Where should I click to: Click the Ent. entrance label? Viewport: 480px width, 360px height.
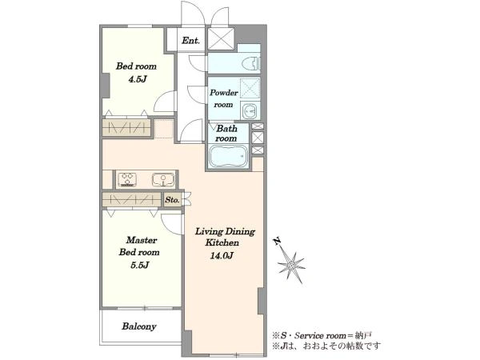(x=190, y=41)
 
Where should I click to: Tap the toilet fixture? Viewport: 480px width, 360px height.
(x=250, y=64)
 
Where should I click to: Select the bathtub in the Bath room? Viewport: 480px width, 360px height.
(x=229, y=156)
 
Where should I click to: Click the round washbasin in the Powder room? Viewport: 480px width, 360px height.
(x=250, y=111)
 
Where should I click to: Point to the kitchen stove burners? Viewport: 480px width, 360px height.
(x=128, y=180)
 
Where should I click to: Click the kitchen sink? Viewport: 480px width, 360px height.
(x=163, y=180)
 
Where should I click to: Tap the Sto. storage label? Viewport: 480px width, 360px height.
(x=172, y=200)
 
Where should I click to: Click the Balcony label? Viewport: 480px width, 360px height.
(x=139, y=326)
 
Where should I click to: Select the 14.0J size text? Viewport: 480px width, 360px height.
(x=222, y=255)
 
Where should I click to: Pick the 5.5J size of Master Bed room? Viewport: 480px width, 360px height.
(x=140, y=265)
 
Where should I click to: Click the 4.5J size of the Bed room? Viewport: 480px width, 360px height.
(x=138, y=79)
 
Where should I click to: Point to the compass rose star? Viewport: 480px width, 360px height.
(x=291, y=266)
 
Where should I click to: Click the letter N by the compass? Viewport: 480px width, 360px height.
(x=278, y=242)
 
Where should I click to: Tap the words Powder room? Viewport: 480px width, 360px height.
(x=224, y=98)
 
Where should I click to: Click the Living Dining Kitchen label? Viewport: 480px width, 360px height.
(x=224, y=237)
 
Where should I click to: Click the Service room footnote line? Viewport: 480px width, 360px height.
(x=322, y=335)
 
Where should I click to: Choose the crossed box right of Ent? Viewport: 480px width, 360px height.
(x=222, y=38)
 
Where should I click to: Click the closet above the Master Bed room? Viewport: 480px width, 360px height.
(x=132, y=199)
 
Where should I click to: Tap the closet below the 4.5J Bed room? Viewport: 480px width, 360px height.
(x=126, y=127)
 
